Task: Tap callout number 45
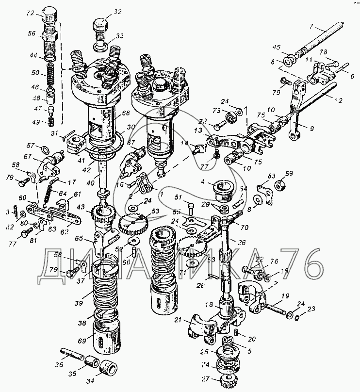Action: click(x=277, y=47)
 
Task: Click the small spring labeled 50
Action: click(x=50, y=73)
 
